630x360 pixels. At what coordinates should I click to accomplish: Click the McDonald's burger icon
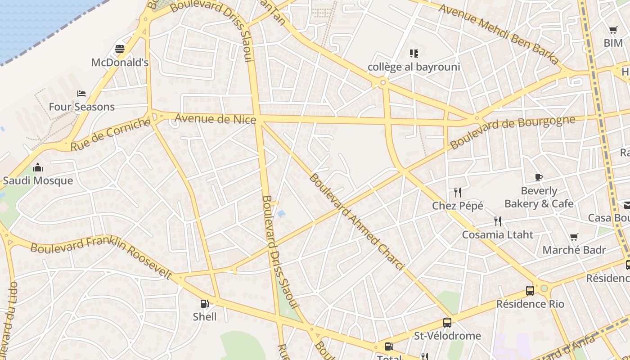pyautogui.click(x=120, y=49)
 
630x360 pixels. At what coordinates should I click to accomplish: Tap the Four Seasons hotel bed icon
pyautogui.click(x=81, y=94)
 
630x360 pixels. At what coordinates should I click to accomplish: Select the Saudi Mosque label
pyautogui.click(x=38, y=181)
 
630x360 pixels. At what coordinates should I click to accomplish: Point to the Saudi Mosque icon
pyautogui.click(x=38, y=168)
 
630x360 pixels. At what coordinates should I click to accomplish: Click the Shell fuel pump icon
pyautogui.click(x=204, y=304)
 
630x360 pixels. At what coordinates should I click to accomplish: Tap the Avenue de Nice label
pyautogui.click(x=215, y=119)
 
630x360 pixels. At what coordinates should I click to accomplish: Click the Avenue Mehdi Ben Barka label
pyautogui.click(x=499, y=34)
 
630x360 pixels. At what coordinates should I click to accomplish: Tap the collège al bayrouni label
pyautogui.click(x=414, y=67)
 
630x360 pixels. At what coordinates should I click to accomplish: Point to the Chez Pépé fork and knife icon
pyautogui.click(x=458, y=193)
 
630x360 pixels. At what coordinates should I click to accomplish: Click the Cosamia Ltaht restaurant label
pyautogui.click(x=498, y=234)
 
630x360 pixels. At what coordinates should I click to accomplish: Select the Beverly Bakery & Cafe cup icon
pyautogui.click(x=539, y=177)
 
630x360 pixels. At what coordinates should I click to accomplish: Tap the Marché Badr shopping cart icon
pyautogui.click(x=574, y=237)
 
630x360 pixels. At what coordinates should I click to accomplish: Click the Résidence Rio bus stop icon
pyautogui.click(x=530, y=291)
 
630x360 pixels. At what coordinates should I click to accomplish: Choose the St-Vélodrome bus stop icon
pyautogui.click(x=447, y=323)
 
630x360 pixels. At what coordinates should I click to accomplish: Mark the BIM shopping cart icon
pyautogui.click(x=613, y=30)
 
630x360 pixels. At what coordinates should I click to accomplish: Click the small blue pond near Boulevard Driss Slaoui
pyautogui.click(x=282, y=214)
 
